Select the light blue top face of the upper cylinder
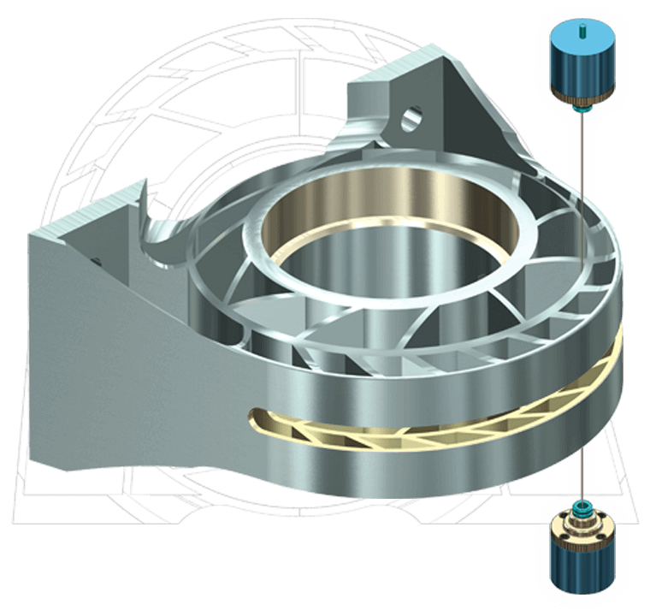[x=571, y=38]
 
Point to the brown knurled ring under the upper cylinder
[x=581, y=98]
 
